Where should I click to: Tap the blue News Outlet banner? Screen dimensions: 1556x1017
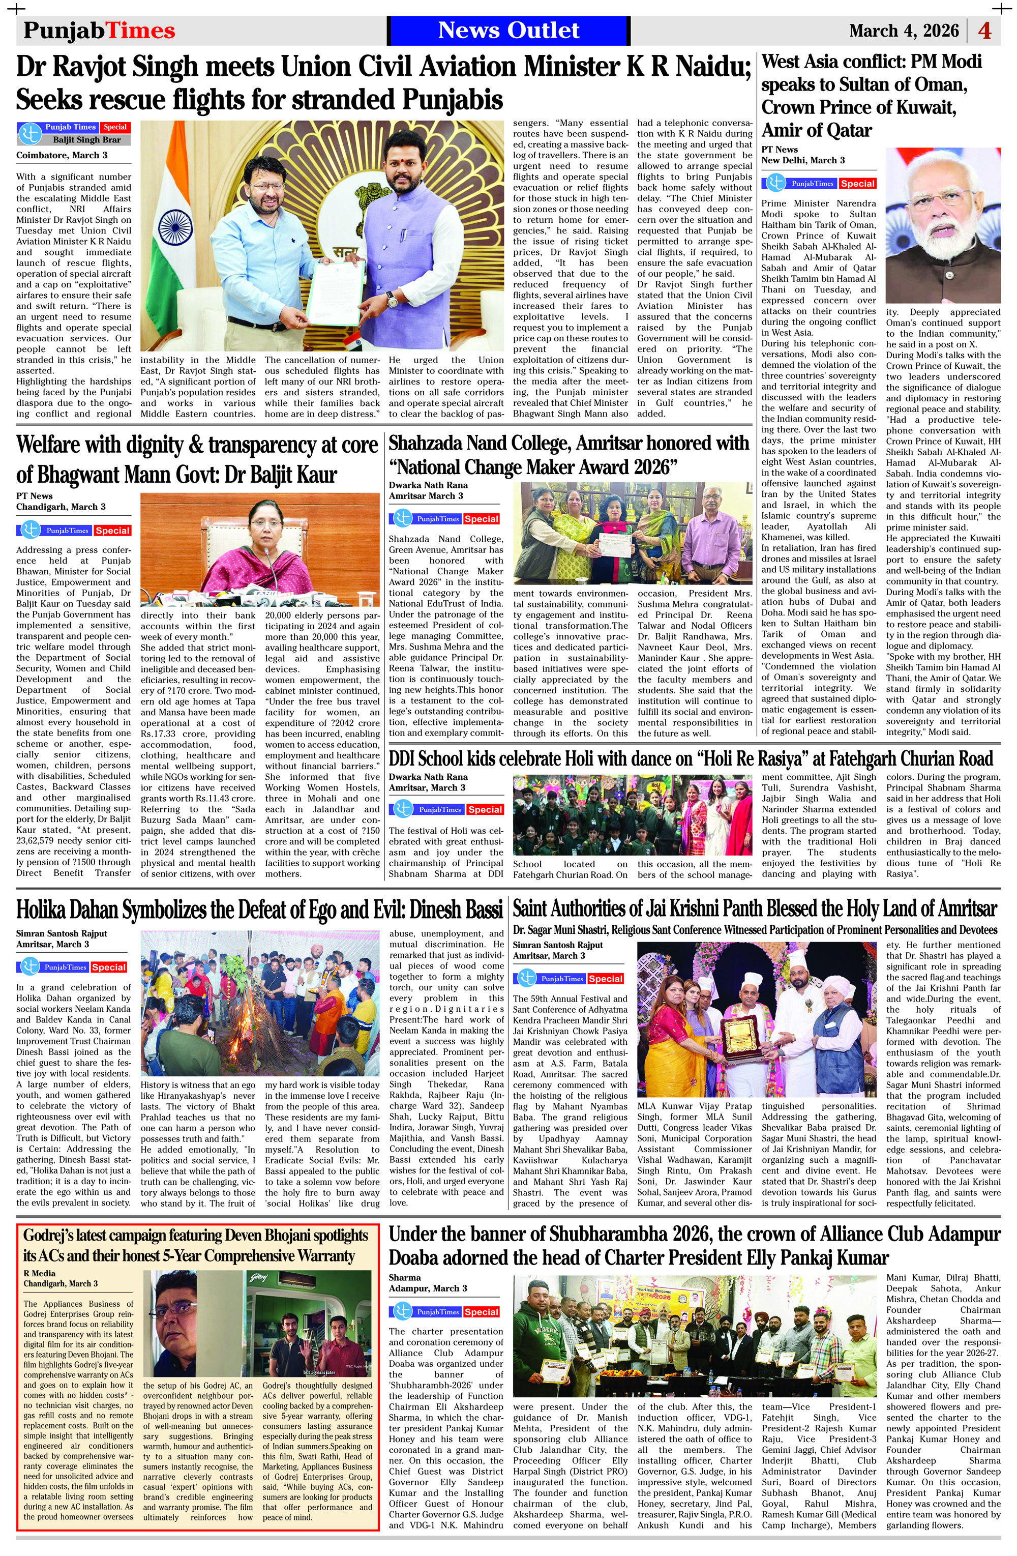[x=508, y=31]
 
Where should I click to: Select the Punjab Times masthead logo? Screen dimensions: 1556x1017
[x=99, y=31]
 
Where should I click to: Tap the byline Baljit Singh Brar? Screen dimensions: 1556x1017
[x=86, y=139]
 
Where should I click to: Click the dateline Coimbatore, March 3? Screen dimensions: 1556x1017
[x=62, y=156]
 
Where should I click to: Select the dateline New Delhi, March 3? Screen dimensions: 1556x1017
[x=802, y=160]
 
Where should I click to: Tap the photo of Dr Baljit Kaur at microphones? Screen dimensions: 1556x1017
[x=259, y=550]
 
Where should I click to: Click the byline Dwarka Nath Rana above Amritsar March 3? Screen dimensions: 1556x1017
[x=428, y=485]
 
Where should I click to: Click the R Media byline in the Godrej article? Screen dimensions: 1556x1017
[x=40, y=1273]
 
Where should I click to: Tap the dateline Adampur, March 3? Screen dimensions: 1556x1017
[x=428, y=1288]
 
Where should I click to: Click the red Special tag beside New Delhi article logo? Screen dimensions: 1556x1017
[x=857, y=184]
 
